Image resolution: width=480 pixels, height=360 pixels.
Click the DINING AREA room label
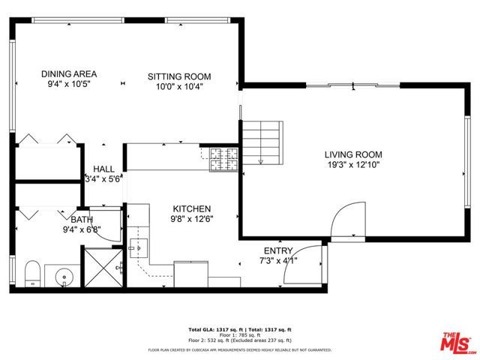pos(69,74)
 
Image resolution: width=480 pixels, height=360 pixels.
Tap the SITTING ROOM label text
pos(178,76)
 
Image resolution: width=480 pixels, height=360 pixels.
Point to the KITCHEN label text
pos(192,209)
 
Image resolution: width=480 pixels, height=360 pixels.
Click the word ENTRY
pos(278,250)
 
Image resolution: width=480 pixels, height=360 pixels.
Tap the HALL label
pos(103,169)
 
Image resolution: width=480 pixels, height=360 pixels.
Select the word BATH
pos(82,220)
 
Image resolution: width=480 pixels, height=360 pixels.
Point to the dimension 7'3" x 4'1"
pos(278,260)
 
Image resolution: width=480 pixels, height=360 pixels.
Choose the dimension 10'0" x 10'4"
pos(178,86)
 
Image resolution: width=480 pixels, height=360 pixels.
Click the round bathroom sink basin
pos(66,277)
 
